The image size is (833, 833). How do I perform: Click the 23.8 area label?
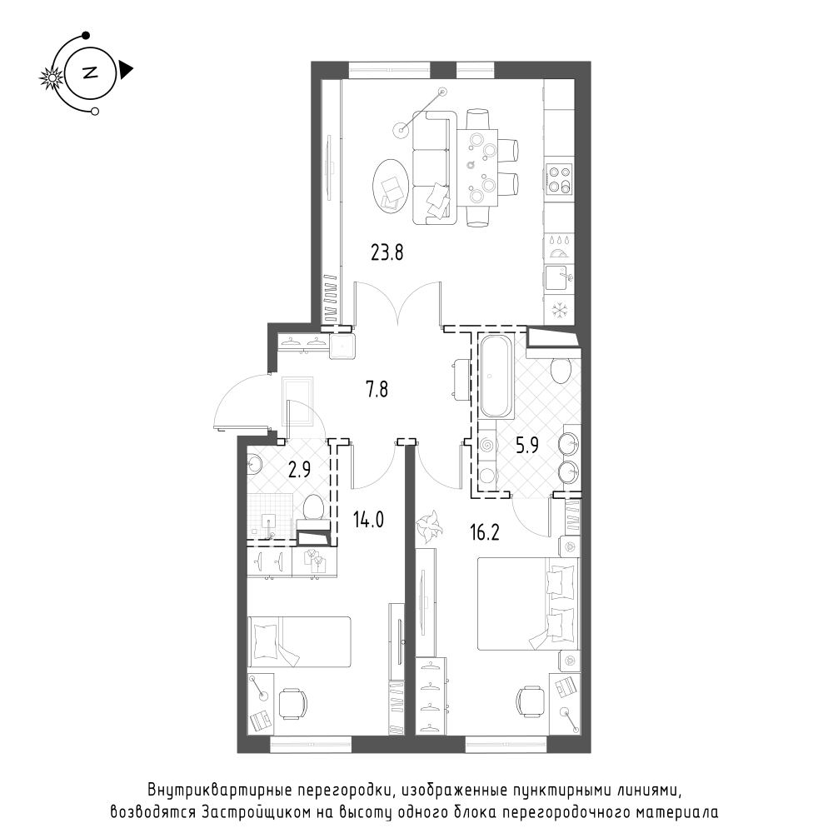click(x=387, y=252)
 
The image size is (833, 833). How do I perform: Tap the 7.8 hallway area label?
click(x=377, y=390)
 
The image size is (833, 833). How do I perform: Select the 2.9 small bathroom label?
click(x=299, y=470)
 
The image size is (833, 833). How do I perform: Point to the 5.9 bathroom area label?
click(x=527, y=445)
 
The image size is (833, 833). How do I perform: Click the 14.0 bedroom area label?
click(x=368, y=519)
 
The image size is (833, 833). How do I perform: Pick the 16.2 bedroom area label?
click(x=485, y=531)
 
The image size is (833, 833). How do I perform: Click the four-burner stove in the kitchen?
click(x=560, y=180)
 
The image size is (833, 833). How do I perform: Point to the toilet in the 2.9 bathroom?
click(x=313, y=508)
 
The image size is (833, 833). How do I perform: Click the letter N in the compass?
click(x=90, y=72)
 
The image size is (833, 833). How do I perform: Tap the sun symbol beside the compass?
click(x=52, y=78)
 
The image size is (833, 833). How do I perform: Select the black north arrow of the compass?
click(x=126, y=70)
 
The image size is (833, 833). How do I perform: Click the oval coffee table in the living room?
click(x=391, y=186)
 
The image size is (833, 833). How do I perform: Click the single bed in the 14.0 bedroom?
click(x=299, y=641)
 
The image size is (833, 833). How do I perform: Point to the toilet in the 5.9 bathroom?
click(x=561, y=371)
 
